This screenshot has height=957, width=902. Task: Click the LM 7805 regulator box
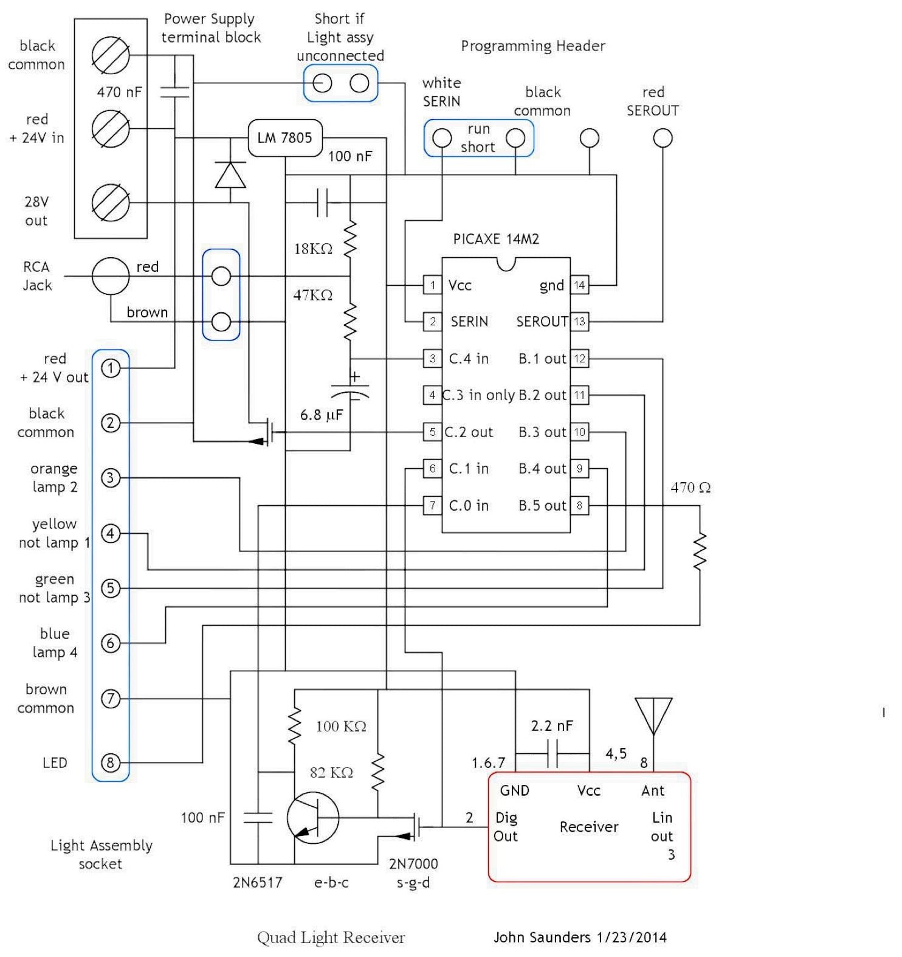tap(284, 138)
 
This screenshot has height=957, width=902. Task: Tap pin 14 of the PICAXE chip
tap(579, 285)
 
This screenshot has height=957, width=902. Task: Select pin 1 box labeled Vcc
tap(432, 285)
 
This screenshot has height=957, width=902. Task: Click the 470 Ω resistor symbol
tap(700, 551)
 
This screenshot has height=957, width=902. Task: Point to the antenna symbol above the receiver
tap(653, 716)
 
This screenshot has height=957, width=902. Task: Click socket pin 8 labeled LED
tap(110, 762)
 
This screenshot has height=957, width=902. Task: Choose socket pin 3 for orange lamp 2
tap(110, 478)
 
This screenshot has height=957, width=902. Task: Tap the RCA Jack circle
tap(111, 277)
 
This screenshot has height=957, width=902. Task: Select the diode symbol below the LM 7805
tap(231, 175)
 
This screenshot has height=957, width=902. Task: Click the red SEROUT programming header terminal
tap(663, 138)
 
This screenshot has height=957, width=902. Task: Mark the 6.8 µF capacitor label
tap(322, 415)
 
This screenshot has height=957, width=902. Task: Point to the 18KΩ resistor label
tap(313, 249)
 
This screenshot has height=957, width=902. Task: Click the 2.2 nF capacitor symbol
tap(553, 754)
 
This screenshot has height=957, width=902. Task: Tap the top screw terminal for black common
tap(111, 55)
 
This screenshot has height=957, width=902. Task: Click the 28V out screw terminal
tap(111, 203)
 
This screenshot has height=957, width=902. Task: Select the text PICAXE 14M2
tap(496, 239)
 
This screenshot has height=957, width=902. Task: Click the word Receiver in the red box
tap(589, 827)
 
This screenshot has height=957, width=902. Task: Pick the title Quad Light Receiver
tap(331, 938)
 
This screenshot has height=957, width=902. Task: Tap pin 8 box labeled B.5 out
tap(579, 505)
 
